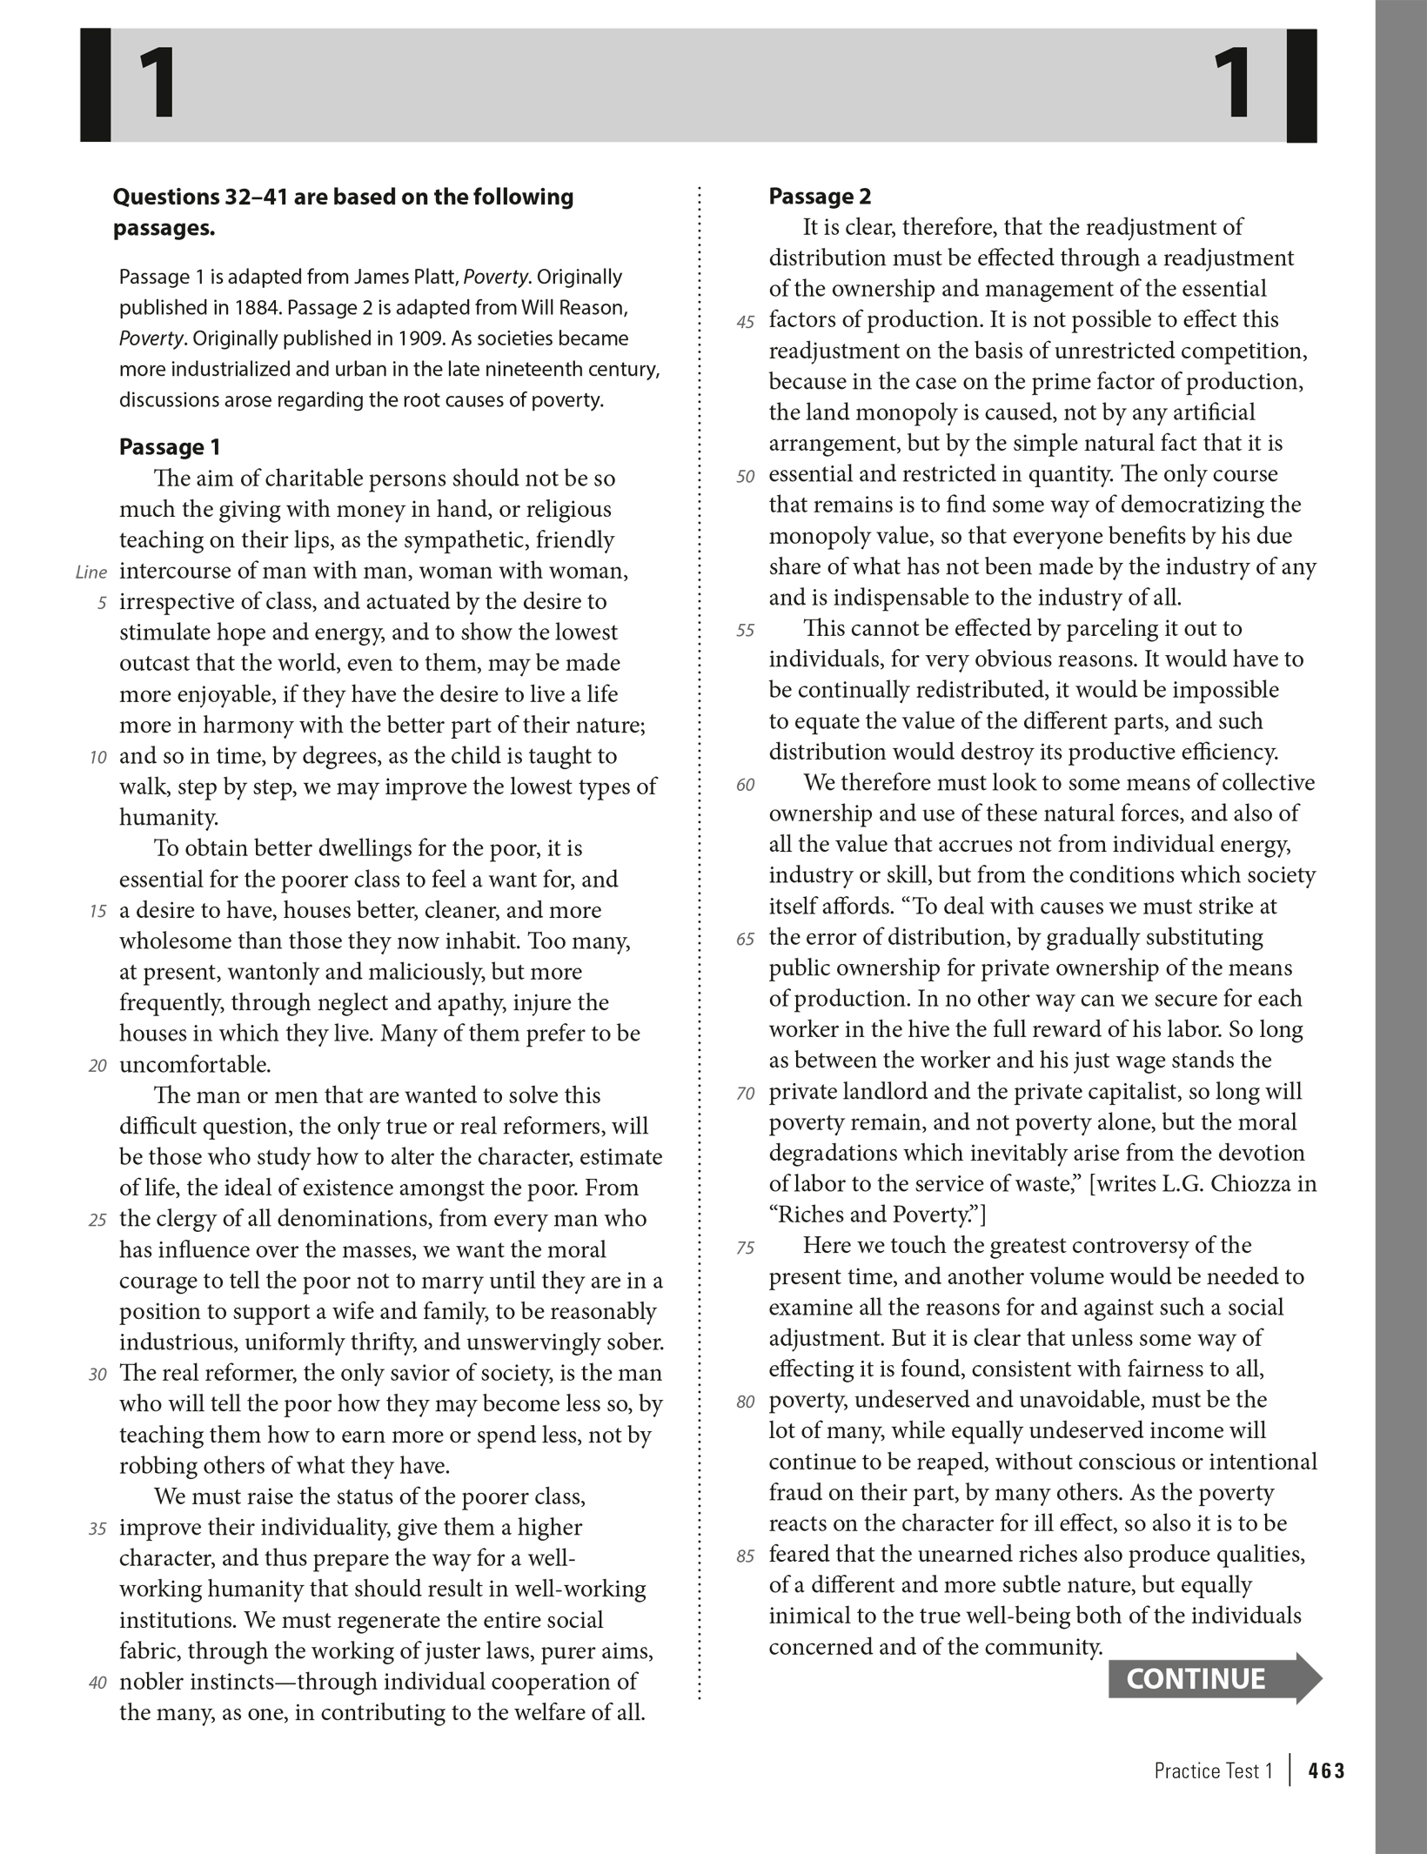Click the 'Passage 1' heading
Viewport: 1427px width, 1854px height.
click(x=170, y=447)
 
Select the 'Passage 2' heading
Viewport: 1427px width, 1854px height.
click(x=820, y=197)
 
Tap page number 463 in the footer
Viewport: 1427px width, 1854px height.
click(x=1326, y=1770)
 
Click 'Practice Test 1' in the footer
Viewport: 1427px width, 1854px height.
click(x=1213, y=1770)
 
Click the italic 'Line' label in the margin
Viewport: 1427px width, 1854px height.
click(x=90, y=572)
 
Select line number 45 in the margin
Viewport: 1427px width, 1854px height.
click(x=745, y=322)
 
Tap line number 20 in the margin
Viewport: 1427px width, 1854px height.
click(x=97, y=1066)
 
